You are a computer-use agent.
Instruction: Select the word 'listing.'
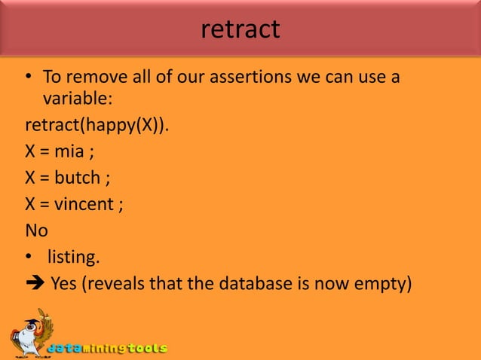coord(73,258)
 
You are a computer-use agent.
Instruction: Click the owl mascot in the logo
coord(29,334)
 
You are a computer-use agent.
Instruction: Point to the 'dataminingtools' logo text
coord(108,349)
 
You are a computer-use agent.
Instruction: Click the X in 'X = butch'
coord(31,177)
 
